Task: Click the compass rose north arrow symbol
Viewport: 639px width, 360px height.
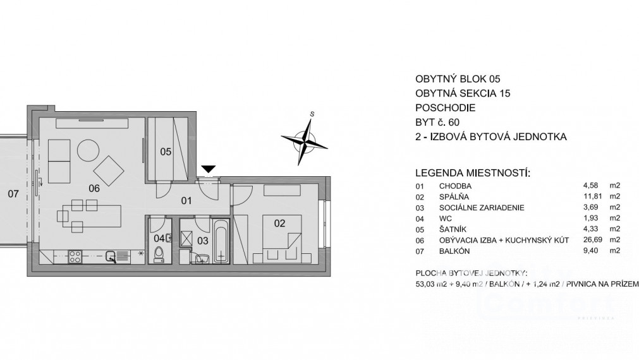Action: pyautogui.click(x=306, y=138)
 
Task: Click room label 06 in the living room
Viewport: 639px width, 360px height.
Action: pyautogui.click(x=94, y=188)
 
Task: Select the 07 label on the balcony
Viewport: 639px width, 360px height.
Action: pyautogui.click(x=13, y=193)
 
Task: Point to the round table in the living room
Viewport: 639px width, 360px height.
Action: pyautogui.click(x=88, y=151)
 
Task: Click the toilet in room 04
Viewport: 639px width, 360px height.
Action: pyautogui.click(x=158, y=253)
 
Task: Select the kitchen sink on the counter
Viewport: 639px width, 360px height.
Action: pyautogui.click(x=111, y=256)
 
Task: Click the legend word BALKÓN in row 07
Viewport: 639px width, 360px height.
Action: pyautogui.click(x=455, y=251)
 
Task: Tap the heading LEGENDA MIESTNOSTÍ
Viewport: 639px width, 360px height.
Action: pyautogui.click(x=472, y=172)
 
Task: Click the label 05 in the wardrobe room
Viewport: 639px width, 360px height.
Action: pyautogui.click(x=166, y=152)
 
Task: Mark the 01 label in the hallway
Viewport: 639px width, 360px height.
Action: pyautogui.click(x=186, y=201)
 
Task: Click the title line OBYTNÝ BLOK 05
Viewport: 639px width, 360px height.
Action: pyautogui.click(x=453, y=80)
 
